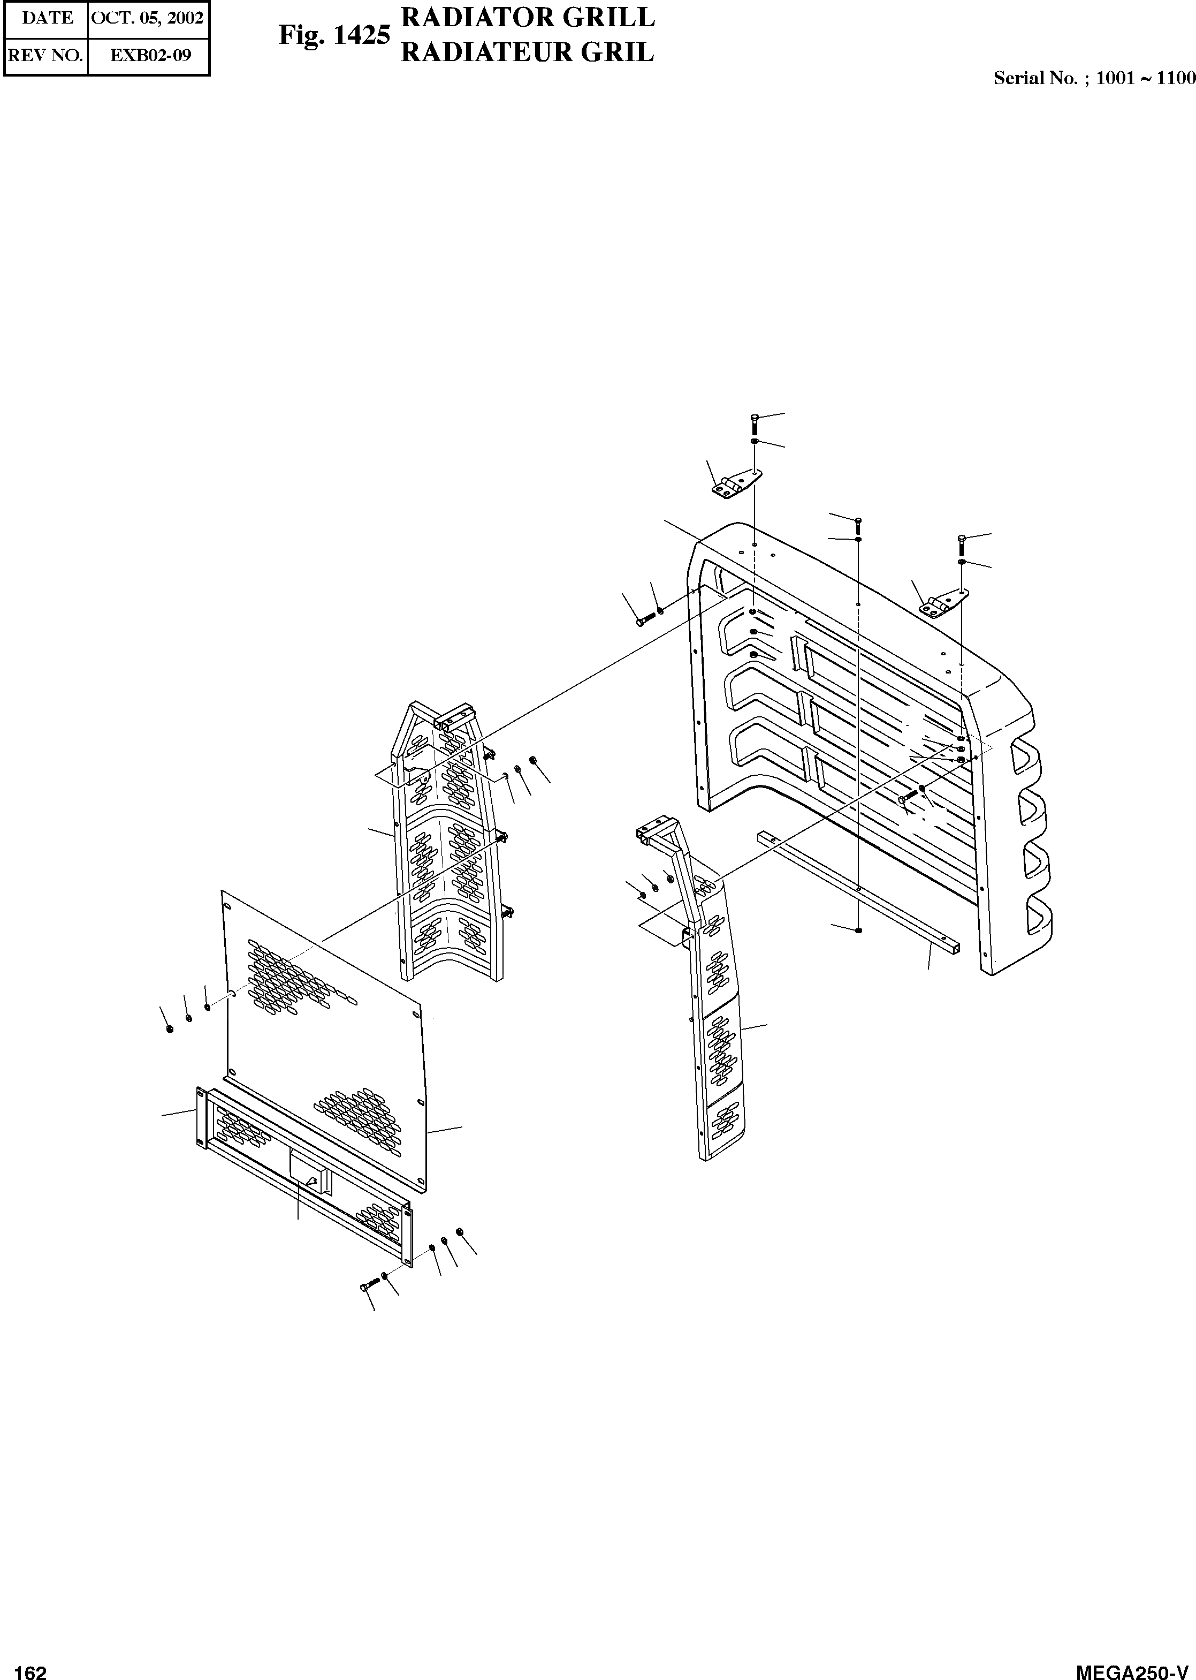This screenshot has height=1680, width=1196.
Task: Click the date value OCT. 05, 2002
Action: pos(147,18)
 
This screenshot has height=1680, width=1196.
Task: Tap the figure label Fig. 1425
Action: pos(333,35)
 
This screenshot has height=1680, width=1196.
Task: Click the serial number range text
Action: pos(1094,79)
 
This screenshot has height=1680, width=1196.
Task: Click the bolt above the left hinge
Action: pos(754,423)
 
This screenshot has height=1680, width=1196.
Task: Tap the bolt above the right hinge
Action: pos(962,544)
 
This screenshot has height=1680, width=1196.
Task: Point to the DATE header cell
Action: pos(47,18)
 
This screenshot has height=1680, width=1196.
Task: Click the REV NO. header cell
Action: pos(45,55)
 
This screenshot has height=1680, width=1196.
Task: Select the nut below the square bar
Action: pos(859,930)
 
